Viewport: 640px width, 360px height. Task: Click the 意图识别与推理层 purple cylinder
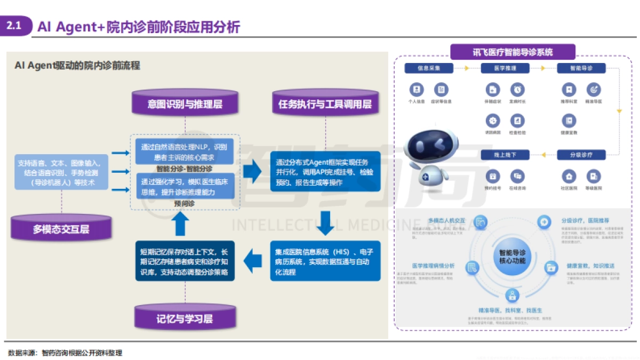pos(185,103)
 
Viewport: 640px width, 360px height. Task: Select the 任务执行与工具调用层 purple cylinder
pos(325,103)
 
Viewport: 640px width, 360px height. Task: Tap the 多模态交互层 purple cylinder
pos(61,228)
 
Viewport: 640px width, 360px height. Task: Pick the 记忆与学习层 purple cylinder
pos(185,318)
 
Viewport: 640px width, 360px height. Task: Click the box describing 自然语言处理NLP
pos(184,151)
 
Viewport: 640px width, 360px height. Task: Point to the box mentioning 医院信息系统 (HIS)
pos(325,261)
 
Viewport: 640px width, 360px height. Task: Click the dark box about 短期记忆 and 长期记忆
pos(184,261)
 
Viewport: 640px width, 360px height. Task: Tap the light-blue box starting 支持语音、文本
pos(62,172)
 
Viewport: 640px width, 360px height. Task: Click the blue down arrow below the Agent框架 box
pos(325,223)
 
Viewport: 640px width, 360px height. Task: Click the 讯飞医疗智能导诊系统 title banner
pos(513,52)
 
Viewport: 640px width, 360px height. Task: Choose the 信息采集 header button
pos(428,68)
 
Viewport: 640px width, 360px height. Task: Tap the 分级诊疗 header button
pos(581,155)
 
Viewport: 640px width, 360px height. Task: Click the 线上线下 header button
pos(505,155)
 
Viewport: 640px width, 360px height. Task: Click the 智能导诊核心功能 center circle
pos(512,257)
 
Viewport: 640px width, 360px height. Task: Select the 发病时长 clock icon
pos(517,90)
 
